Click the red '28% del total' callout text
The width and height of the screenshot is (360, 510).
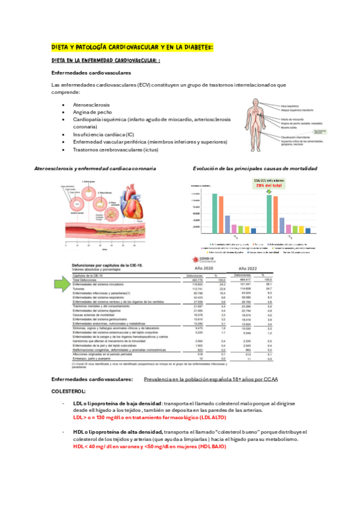[x=268, y=186]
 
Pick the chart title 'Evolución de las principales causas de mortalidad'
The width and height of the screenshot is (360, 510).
[x=255, y=169]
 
